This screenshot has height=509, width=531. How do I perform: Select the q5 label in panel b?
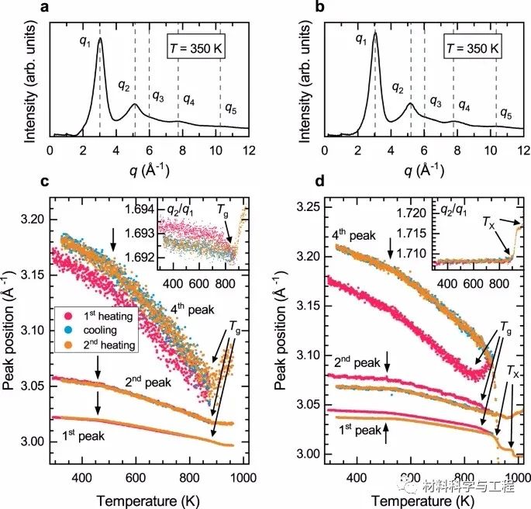tap(505, 113)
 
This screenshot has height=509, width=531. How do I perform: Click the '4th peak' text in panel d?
tap(343, 234)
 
